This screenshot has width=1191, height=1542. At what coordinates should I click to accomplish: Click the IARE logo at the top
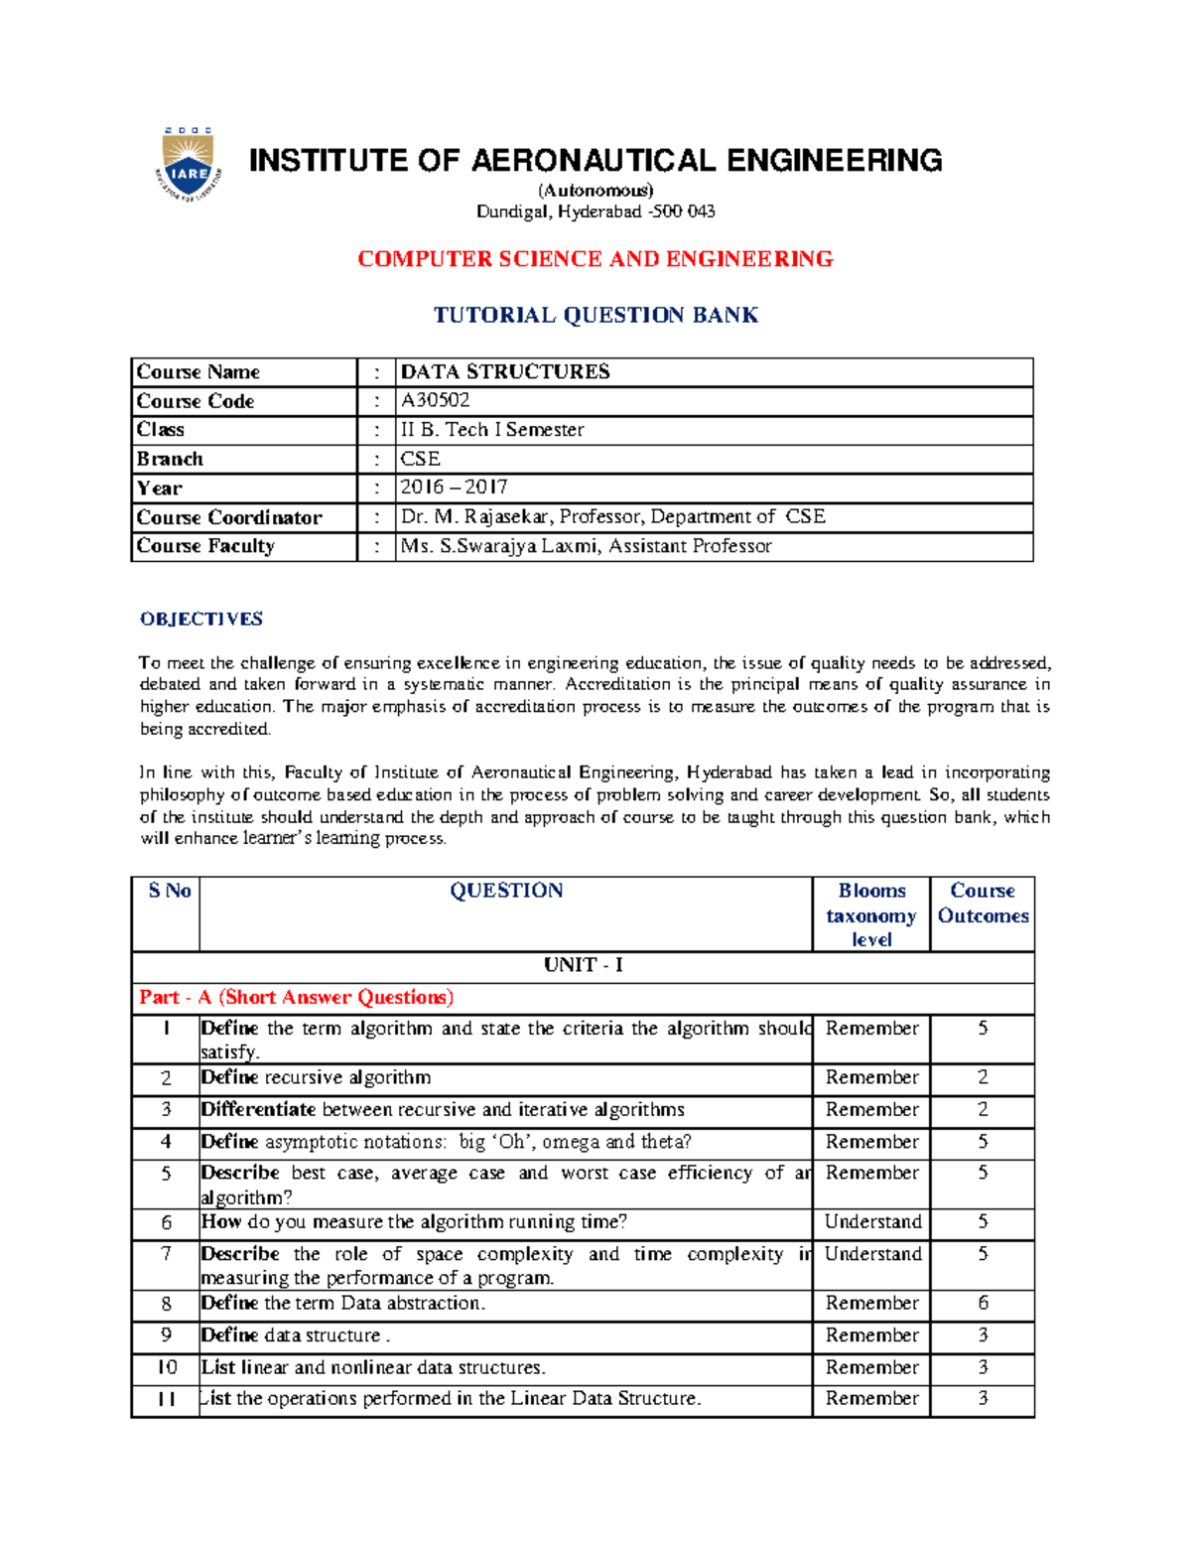coord(188,165)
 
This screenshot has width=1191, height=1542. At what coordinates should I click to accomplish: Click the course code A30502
coord(435,400)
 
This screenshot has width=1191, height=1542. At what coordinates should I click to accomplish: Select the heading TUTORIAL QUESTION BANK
coord(595,315)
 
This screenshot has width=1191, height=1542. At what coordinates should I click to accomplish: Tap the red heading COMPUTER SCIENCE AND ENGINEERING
coord(595,259)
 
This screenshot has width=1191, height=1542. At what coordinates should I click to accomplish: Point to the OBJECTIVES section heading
coord(201,619)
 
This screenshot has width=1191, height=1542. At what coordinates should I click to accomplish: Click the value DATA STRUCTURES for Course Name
coord(505,371)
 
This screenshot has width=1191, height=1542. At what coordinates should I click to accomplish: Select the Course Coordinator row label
coord(229,517)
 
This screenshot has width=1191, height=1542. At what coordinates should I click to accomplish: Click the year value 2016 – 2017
coord(454,488)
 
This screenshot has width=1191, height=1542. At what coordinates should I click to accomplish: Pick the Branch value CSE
coord(420,459)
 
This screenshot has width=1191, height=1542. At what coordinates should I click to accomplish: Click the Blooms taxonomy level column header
coord(871,914)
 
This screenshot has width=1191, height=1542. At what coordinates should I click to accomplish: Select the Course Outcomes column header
coord(983,904)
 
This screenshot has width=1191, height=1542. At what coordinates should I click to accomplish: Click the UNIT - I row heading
coord(583,965)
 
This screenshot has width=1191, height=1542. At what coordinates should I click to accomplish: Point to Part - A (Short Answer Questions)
coord(297,997)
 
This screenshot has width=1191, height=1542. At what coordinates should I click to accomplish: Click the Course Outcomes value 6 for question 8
coord(983,1303)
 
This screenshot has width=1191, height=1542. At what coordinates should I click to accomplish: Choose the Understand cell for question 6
coord(872,1222)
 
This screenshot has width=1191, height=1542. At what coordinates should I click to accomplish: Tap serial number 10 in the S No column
coord(167,1367)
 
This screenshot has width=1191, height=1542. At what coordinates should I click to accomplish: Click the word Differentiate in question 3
coord(258,1109)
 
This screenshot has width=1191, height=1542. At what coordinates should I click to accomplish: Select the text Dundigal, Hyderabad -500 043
coord(595,211)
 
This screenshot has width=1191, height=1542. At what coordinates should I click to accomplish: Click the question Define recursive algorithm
coord(316,1077)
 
